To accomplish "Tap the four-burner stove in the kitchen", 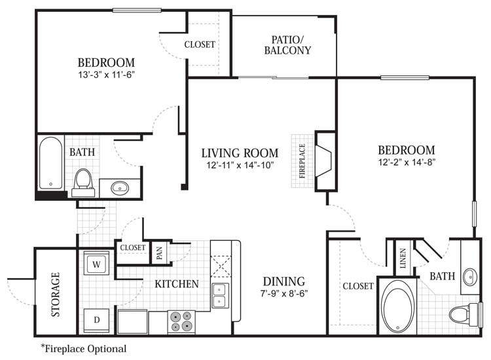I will (x=181, y=321).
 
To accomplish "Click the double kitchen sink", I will (x=220, y=295).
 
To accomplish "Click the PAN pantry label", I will (x=159, y=251).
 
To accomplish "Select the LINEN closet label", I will (x=402, y=257).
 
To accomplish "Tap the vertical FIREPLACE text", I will (x=302, y=161).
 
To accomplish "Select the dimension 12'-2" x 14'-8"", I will (x=406, y=162).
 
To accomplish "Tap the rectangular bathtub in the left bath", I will (x=50, y=163).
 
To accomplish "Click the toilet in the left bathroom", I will (x=83, y=181).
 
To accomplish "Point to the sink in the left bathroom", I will (x=120, y=188).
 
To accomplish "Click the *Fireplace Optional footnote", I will (x=83, y=349).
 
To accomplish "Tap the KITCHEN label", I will (x=177, y=284).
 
